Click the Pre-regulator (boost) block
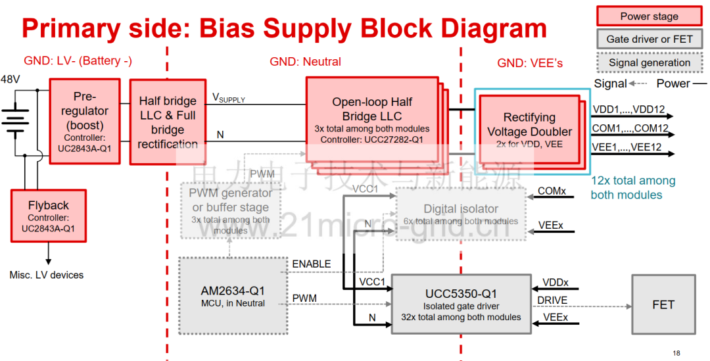pyautogui.click(x=85, y=121)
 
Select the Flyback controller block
pyautogui.click(x=49, y=216)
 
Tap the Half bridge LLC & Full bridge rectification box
pyautogui.click(x=168, y=122)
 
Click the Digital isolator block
pyautogui.click(x=460, y=213)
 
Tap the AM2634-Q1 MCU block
pyautogui.click(x=233, y=296)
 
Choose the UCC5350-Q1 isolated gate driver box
pyautogui.click(x=460, y=304)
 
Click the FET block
pyautogui.click(x=663, y=304)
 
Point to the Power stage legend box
pyautogui.click(x=649, y=16)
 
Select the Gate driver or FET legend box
pyautogui.click(x=649, y=39)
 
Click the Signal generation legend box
pyautogui.click(x=649, y=62)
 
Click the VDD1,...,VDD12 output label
pyautogui.click(x=628, y=109)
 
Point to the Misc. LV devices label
pyautogui.click(x=47, y=275)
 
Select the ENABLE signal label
pyautogui.click(x=311, y=264)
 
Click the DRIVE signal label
pyautogui.click(x=552, y=301)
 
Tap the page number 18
pyautogui.click(x=676, y=353)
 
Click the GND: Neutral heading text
pyautogui.click(x=305, y=62)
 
